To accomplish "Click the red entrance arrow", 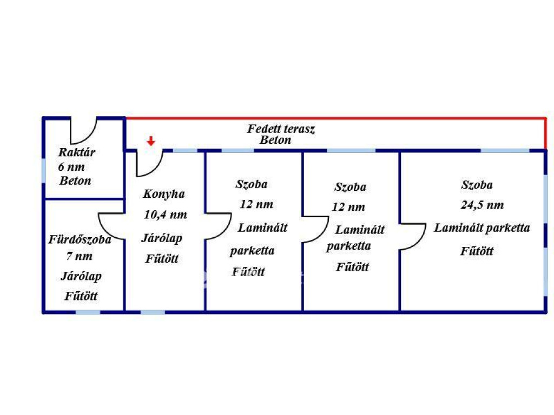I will click(151, 141).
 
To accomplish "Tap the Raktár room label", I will click(76, 152).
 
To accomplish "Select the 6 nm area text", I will click(71, 167).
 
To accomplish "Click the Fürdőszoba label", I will click(80, 239).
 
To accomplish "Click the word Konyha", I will click(164, 194).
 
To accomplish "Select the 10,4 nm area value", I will click(166, 215).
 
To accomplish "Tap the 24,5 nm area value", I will click(481, 205).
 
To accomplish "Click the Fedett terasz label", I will click(281, 129).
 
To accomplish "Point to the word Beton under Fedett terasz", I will click(275, 140).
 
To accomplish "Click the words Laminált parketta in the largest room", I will click(482, 227).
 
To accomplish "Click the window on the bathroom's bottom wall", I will click(88, 312).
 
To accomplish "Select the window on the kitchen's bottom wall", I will click(153, 312).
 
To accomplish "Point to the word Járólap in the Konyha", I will click(162, 238).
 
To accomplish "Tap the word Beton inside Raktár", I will click(75, 180).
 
